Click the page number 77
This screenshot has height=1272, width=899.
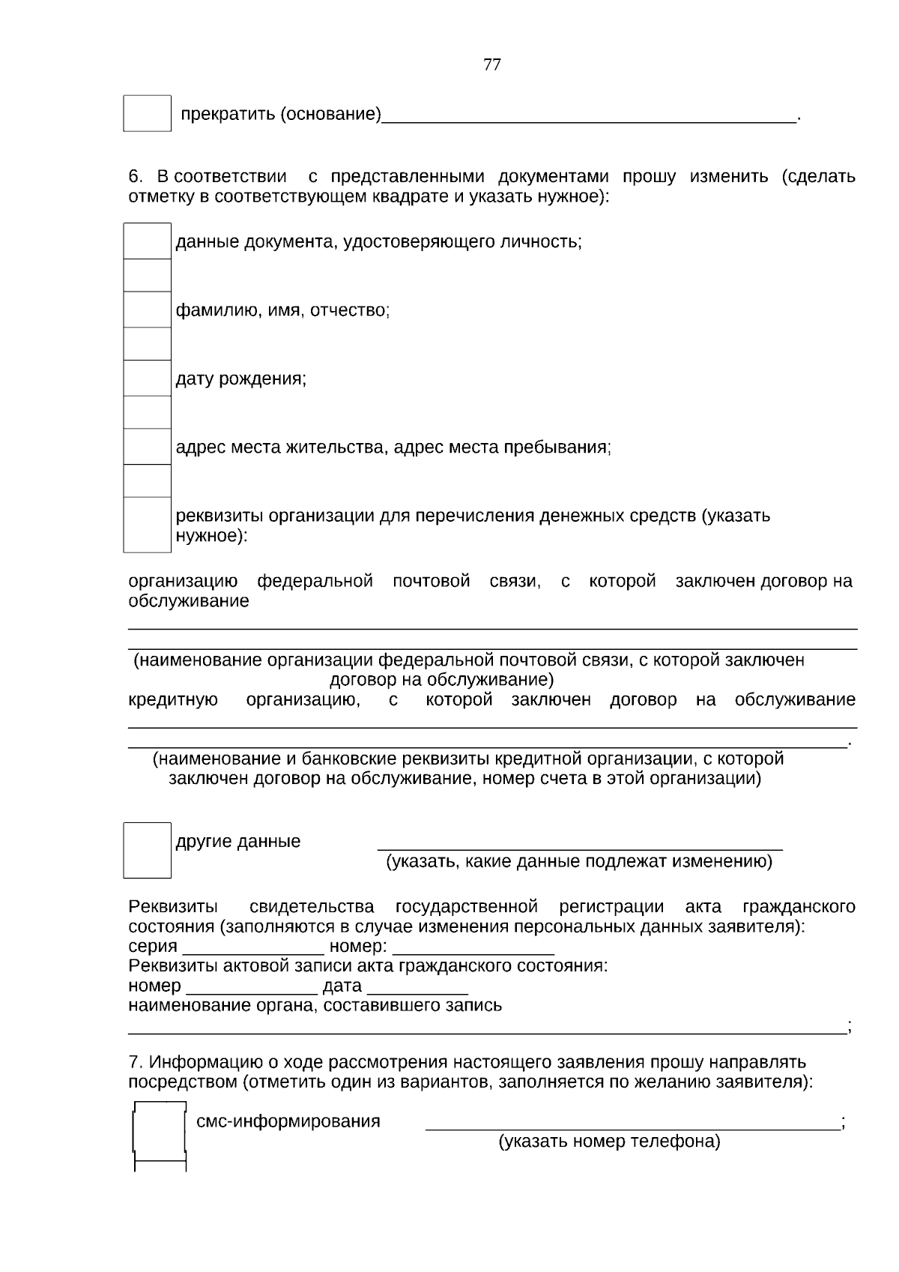(492, 64)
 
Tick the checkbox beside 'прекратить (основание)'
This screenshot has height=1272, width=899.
(147, 113)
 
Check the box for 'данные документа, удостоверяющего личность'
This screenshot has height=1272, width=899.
(147, 241)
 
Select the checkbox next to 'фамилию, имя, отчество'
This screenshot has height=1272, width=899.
(147, 310)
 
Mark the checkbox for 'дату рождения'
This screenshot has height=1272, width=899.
(147, 379)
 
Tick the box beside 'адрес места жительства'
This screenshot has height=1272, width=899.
(147, 447)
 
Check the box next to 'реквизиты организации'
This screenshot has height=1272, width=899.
(147, 525)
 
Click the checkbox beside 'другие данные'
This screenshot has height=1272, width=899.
(147, 850)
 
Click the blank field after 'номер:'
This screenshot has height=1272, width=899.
(473, 947)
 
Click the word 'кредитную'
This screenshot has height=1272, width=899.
(173, 700)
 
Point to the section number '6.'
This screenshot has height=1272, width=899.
(136, 177)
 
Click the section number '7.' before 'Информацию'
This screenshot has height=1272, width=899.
(135, 1063)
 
